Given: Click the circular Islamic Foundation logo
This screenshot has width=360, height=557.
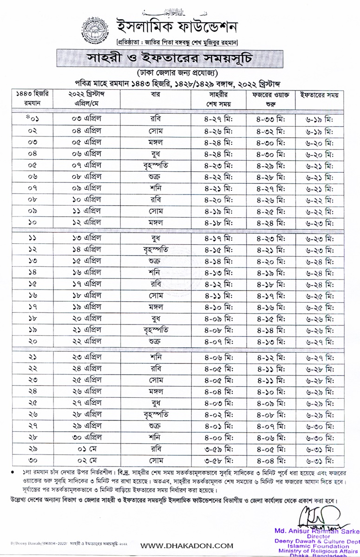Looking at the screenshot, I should (91, 29).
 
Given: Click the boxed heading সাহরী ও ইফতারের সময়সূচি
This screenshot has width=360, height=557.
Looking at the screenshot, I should (180, 58).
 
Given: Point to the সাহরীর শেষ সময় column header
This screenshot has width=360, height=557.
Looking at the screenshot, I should (218, 99).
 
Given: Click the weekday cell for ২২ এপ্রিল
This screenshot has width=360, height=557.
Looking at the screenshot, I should (155, 341).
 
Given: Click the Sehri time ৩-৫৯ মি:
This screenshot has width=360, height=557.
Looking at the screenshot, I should (218, 448).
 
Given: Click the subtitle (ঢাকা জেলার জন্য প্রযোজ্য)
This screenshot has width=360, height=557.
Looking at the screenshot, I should (179, 73).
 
